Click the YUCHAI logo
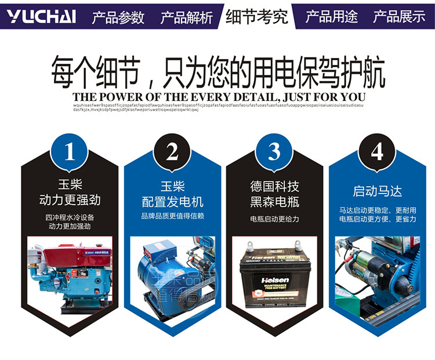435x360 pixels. click(x=42, y=16)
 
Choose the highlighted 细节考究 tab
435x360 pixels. click(x=256, y=16)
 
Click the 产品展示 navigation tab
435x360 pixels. click(x=399, y=16)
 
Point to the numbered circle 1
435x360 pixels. click(x=70, y=152)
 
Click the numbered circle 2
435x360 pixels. click(x=172, y=152)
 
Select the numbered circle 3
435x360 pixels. click(x=274, y=152)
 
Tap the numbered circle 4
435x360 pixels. click(x=377, y=152)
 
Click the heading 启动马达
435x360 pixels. click(x=378, y=191)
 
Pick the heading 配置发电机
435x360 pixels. click(x=173, y=202)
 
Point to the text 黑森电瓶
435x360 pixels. click(x=275, y=201)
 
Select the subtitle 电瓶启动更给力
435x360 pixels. click(x=275, y=219)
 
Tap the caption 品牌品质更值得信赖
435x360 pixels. click(x=173, y=216)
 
